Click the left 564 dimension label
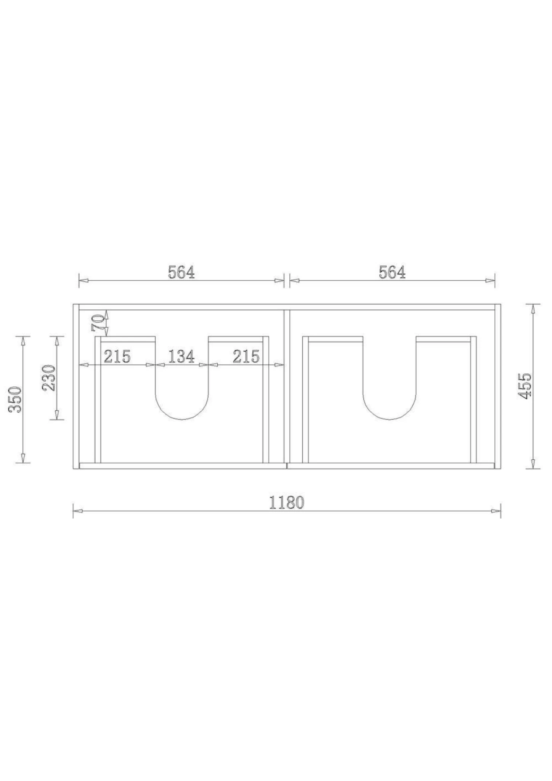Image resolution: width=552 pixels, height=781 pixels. coord(181,272)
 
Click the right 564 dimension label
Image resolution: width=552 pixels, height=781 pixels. coord(392,272)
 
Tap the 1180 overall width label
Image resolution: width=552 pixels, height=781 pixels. coord(287,503)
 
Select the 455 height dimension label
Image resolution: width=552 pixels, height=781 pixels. coord(525,386)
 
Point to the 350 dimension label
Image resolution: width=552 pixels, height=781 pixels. coord(16,399)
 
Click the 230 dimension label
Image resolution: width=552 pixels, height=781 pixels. coord(49,378)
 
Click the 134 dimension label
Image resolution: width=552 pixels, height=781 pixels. coord(181,357)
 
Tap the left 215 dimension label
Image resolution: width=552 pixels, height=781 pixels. coord(117,357)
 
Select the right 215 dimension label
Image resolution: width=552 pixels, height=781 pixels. coord(246,357)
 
